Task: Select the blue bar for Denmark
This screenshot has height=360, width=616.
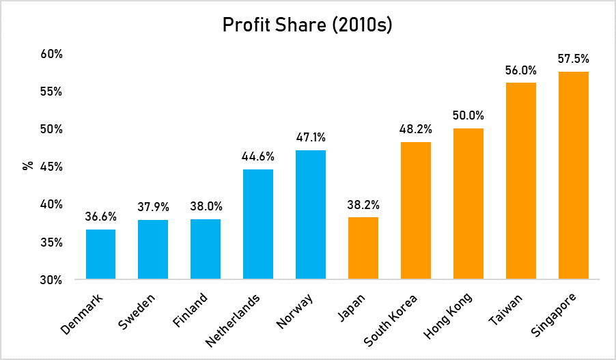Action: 100,254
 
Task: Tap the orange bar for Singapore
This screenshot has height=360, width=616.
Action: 573,176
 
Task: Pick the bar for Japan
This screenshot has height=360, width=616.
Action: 363,248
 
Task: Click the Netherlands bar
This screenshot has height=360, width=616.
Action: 258,224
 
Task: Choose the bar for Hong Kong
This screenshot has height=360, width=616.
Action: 468,204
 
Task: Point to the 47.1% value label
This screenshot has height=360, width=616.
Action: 311,137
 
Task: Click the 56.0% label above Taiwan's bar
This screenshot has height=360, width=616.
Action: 520,70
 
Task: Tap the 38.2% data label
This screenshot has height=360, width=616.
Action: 363,204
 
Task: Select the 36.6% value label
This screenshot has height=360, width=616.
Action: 100,217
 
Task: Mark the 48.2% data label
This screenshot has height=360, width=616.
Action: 415,129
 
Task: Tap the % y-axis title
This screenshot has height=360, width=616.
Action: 28,165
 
